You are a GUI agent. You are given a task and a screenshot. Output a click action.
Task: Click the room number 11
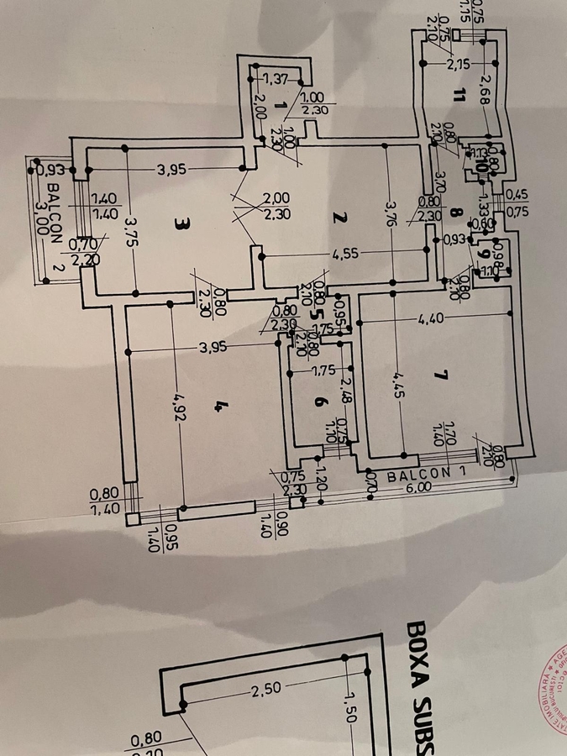[x=457, y=94]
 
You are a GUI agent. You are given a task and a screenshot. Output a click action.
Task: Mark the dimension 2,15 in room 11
[x=459, y=64]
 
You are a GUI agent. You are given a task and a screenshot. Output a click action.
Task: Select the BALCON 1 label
[x=417, y=475]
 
